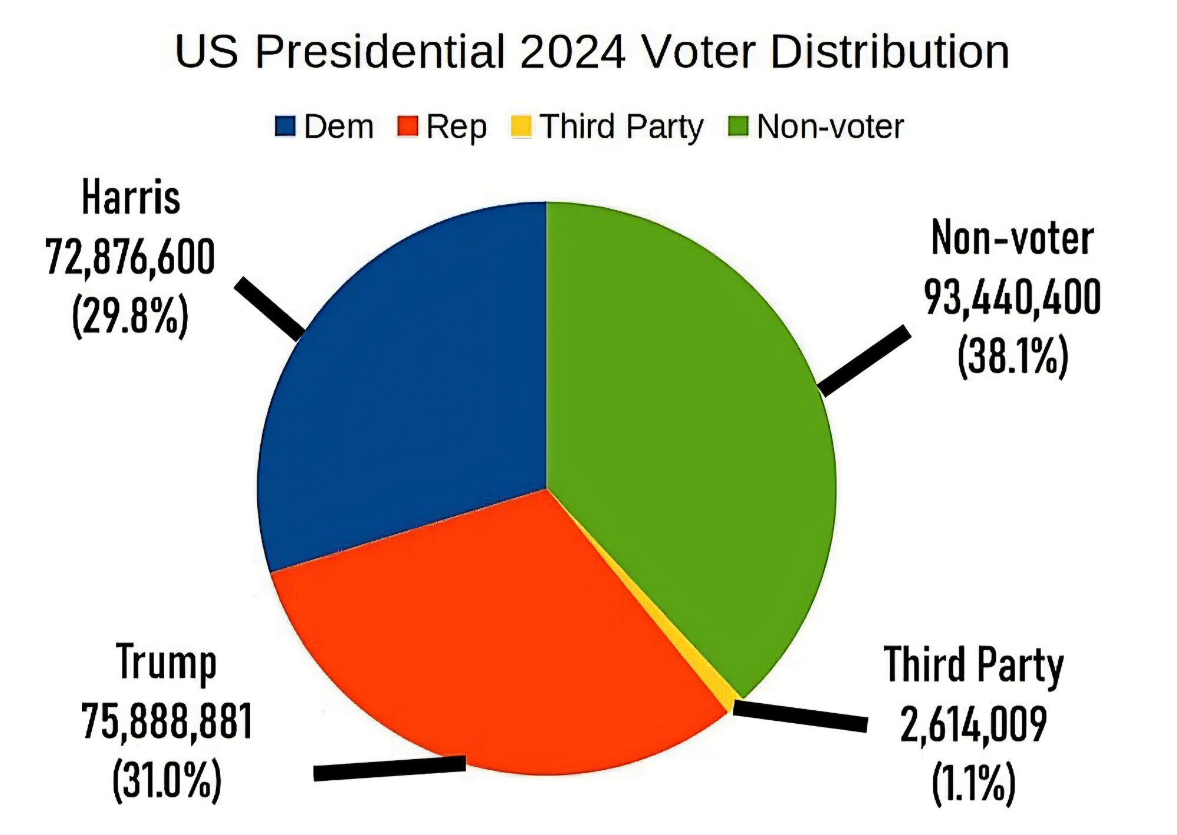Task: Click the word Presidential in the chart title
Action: [x=380, y=52]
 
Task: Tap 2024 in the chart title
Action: [x=572, y=52]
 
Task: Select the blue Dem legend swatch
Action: [x=285, y=127]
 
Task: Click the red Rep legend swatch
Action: [x=407, y=127]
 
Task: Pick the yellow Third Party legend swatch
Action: [x=521, y=127]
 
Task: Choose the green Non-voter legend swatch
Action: [x=738, y=127]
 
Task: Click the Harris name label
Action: [x=131, y=197]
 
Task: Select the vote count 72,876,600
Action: [x=130, y=257]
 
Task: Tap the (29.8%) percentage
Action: [x=130, y=316]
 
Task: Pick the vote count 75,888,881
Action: [x=167, y=721]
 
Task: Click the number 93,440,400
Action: [x=1012, y=297]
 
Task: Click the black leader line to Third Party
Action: [x=800, y=716]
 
